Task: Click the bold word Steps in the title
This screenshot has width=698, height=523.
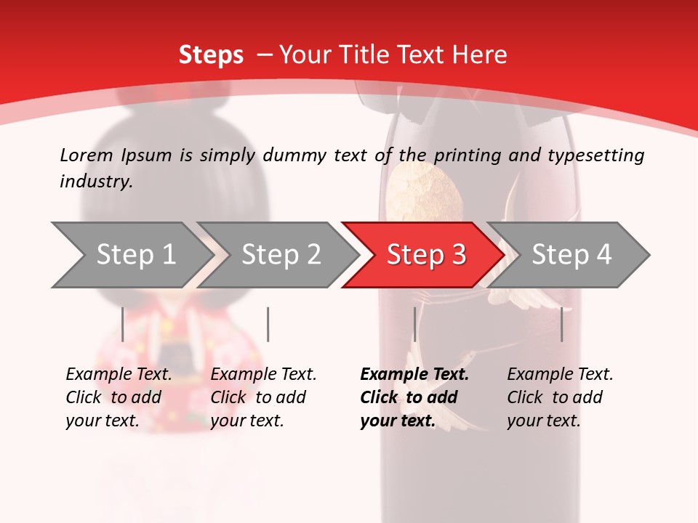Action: (x=211, y=55)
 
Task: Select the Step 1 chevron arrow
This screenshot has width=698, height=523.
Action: (x=131, y=255)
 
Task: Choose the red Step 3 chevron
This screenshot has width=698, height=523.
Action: (x=425, y=255)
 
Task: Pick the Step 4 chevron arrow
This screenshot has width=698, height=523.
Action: (x=571, y=255)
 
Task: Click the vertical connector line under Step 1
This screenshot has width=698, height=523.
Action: (x=123, y=324)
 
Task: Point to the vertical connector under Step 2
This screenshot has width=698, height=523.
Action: (x=268, y=324)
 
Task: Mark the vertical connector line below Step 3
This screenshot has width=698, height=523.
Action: (x=414, y=324)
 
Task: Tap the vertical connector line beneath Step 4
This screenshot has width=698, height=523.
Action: (x=562, y=324)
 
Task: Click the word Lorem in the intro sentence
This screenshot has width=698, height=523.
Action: (x=86, y=155)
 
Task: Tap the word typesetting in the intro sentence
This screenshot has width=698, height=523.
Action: (x=595, y=155)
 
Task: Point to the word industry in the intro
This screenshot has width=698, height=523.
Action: (x=96, y=181)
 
